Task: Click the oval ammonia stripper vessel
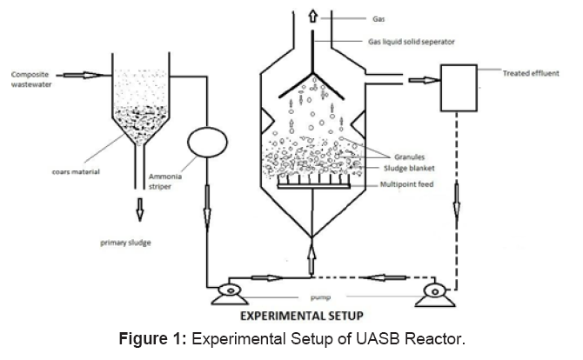(207, 143)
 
